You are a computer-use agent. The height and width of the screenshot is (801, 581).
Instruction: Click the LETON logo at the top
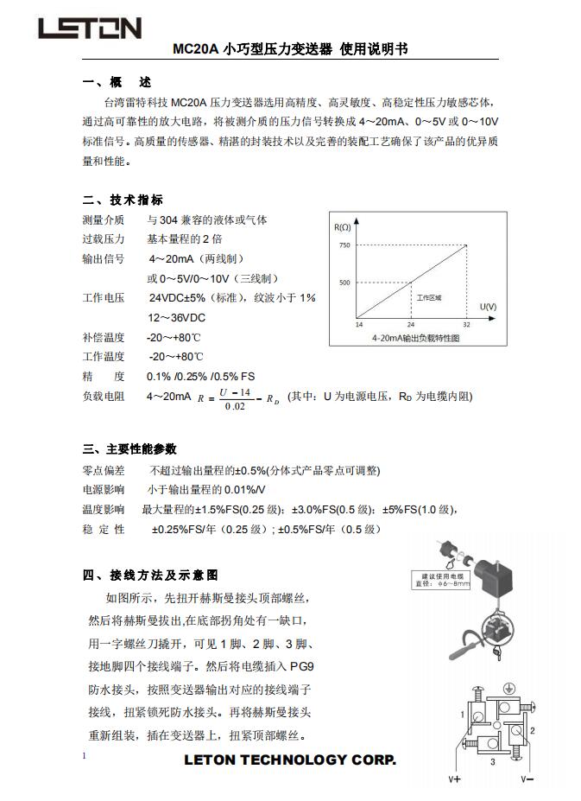(x=89, y=29)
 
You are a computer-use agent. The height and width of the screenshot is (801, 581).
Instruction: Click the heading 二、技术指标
(x=123, y=200)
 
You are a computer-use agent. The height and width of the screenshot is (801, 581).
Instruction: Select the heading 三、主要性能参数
(x=129, y=449)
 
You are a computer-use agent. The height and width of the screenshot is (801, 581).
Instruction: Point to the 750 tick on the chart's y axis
(x=344, y=246)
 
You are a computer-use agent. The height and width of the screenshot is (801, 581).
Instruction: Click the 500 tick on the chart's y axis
(x=344, y=283)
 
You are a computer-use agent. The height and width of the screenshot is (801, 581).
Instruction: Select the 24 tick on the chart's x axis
(x=409, y=324)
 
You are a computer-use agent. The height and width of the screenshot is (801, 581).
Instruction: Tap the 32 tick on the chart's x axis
(x=466, y=324)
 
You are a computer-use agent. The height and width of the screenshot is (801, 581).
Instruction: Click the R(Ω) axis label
(x=342, y=227)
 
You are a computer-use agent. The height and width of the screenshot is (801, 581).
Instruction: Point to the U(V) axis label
(x=488, y=307)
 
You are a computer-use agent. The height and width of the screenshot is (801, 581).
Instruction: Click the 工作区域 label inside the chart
(x=429, y=297)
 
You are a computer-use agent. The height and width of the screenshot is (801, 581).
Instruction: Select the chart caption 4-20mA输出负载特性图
(x=414, y=338)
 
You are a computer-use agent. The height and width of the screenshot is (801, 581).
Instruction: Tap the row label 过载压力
(x=103, y=238)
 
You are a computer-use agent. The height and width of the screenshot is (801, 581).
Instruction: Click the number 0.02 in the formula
(x=234, y=407)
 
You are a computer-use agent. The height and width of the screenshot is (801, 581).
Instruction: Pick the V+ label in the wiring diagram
(x=455, y=779)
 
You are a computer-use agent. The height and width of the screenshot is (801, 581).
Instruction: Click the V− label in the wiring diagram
(x=527, y=779)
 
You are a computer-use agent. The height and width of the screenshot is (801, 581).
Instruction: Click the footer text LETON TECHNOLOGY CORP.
(x=290, y=760)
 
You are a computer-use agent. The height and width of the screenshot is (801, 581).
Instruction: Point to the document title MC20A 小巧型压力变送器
(x=252, y=49)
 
